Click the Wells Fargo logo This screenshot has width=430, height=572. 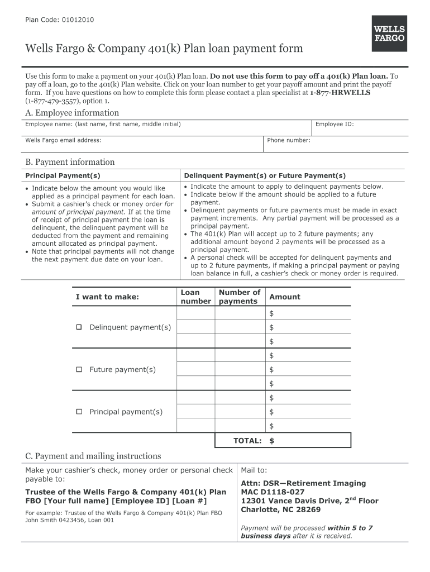click(x=389, y=34)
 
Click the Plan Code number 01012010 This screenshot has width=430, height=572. click(x=78, y=21)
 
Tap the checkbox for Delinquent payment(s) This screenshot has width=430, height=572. click(x=79, y=327)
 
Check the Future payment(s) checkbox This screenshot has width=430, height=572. click(x=79, y=370)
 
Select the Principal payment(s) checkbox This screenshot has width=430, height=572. click(x=79, y=412)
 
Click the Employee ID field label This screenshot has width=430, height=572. click(x=335, y=124)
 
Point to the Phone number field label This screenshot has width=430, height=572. click(x=288, y=140)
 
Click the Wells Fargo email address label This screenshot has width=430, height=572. click(x=63, y=140)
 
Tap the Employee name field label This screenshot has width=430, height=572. click(x=103, y=124)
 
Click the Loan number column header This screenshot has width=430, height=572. click(x=195, y=297)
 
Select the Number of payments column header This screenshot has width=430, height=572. click(x=239, y=297)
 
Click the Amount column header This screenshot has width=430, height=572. click(x=284, y=297)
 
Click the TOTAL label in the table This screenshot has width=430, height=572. click(x=247, y=441)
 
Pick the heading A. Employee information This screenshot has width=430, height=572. click(x=72, y=113)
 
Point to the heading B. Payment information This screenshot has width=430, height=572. click(x=70, y=162)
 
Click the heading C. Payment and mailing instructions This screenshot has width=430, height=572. click(x=93, y=456)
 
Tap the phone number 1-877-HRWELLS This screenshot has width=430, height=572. click(x=340, y=93)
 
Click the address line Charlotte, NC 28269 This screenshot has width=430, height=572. click(x=280, y=510)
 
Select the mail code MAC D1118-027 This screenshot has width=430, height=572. click(x=273, y=492)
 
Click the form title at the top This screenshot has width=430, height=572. click(x=164, y=49)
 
